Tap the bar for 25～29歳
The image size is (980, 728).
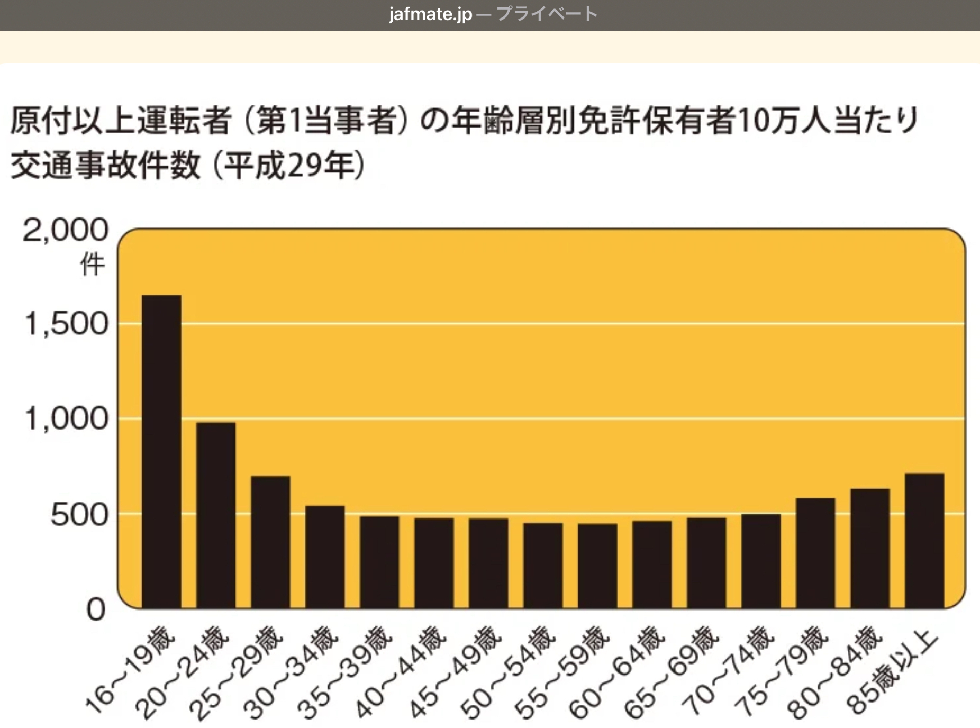tap(270, 542)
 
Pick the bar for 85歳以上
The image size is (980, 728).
tap(924, 540)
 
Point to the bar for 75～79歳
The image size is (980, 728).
tap(815, 553)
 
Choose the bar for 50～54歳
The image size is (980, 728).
tap(543, 565)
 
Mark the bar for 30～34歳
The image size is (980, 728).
tap(325, 557)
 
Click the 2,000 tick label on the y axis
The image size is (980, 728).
tap(66, 231)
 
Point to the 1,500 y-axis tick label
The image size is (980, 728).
tap(67, 324)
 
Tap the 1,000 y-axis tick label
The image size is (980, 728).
tap(67, 418)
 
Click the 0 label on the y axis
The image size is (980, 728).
tap(96, 609)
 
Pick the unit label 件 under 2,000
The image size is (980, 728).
tap(92, 265)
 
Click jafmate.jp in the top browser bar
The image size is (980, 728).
tap(430, 14)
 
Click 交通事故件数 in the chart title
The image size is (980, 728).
tap(106, 165)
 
